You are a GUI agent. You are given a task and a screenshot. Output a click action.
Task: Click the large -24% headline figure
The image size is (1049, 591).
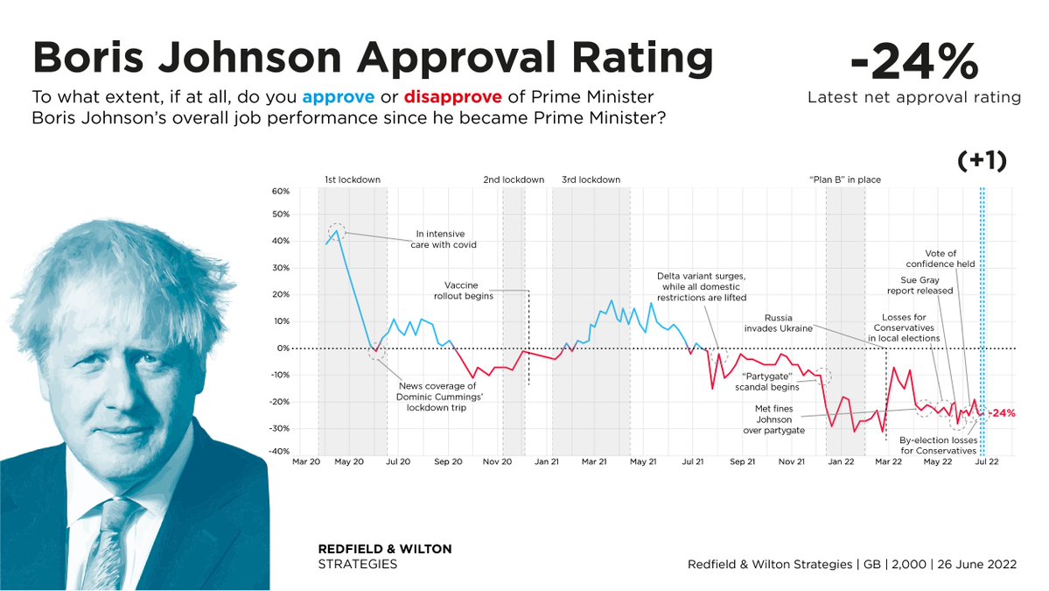coord(914,62)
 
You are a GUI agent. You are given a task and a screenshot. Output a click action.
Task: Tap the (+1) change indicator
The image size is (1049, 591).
coord(980,160)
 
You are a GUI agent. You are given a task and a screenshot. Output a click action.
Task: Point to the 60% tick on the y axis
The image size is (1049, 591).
coord(280,192)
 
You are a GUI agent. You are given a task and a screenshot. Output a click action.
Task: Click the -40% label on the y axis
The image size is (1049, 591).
coord(279,452)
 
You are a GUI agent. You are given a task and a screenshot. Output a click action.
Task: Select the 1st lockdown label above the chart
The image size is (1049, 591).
coord(352,179)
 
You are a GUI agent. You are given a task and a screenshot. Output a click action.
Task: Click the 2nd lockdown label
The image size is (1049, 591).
coord(514,179)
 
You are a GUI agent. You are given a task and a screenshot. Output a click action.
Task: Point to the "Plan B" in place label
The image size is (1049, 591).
coord(844,179)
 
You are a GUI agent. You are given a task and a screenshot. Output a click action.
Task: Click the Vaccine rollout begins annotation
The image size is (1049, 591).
coord(469,290)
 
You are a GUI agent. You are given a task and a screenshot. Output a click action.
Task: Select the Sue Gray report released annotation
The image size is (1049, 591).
coord(920,285)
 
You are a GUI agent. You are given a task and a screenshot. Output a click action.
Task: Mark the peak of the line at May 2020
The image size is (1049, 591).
coord(336,231)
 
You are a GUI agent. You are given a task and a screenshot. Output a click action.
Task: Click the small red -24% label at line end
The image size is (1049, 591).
coord(1002,412)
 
